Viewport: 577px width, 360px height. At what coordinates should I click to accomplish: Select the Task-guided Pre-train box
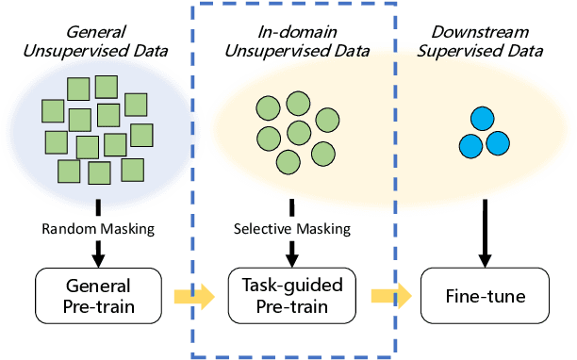(x=291, y=295)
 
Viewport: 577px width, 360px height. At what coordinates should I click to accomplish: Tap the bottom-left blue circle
(x=471, y=145)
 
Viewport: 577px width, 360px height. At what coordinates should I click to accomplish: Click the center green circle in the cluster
(x=300, y=130)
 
